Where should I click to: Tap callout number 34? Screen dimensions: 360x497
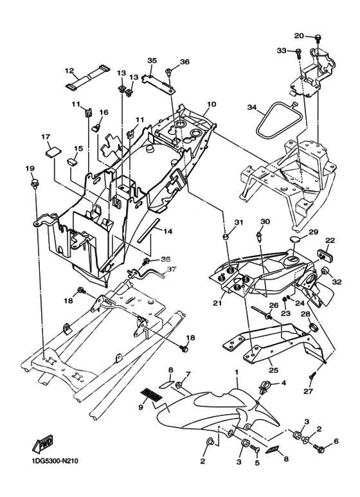pos(252,108)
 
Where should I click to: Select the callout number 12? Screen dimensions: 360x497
pos(69,70)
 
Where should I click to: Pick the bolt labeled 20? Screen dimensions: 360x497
pos(318,38)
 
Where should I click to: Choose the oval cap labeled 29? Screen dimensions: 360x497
pos(297,239)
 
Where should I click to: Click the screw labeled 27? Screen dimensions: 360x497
pos(312,376)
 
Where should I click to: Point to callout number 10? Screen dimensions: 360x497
pos(212,104)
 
